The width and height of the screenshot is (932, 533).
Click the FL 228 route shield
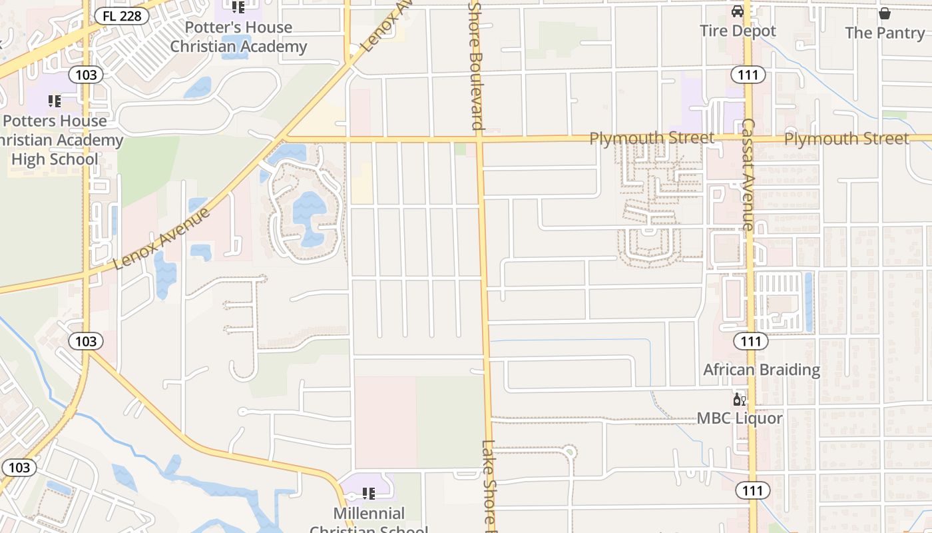coord(122,15)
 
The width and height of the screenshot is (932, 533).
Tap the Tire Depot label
coord(738,31)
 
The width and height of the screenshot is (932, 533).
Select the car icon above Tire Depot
coord(738,11)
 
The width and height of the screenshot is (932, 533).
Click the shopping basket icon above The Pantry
coord(885,13)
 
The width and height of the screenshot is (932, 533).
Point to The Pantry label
coord(885,33)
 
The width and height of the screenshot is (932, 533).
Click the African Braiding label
coord(762,370)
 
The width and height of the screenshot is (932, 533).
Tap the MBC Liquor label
coord(740,418)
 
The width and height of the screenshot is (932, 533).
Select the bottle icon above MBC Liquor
coord(738,399)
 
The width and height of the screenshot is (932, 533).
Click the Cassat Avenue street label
coord(747,175)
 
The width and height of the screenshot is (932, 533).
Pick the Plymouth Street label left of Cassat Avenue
coord(652,138)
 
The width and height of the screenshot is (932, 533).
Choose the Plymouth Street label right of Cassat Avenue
coord(846,139)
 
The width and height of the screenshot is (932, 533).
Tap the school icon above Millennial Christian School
coord(368,494)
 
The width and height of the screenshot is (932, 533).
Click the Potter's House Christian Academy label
coord(238,37)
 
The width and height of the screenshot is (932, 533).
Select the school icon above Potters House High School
coord(55,101)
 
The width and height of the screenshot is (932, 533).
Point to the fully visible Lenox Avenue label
coord(162,238)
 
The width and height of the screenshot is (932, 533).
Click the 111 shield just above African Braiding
coord(751,342)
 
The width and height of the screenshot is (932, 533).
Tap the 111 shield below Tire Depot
coord(748,75)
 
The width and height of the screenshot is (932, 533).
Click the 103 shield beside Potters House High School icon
coord(86,75)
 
